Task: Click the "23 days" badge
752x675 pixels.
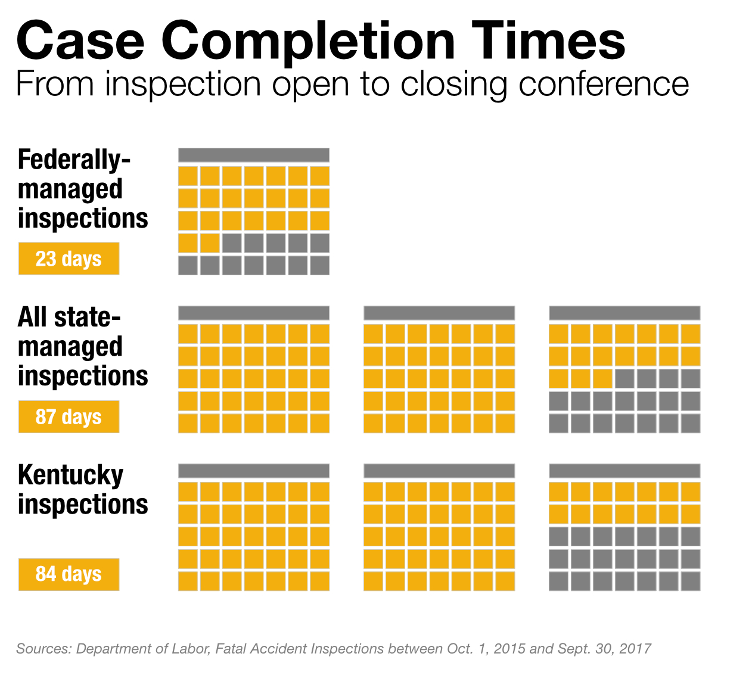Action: pyautogui.click(x=69, y=259)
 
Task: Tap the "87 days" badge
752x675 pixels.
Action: pyautogui.click(x=69, y=416)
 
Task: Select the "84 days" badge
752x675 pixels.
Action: pyautogui.click(x=69, y=574)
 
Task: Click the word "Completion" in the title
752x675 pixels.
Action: pyautogui.click(x=307, y=43)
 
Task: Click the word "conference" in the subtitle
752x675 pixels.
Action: pyautogui.click(x=604, y=85)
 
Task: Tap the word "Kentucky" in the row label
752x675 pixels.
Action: pyautogui.click(x=70, y=476)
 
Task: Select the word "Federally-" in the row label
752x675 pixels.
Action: pyautogui.click(x=74, y=160)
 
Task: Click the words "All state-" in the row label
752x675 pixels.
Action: pyautogui.click(x=69, y=318)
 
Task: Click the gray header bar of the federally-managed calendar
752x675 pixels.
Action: pyautogui.click(x=253, y=155)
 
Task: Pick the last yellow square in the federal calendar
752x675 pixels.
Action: pyautogui.click(x=210, y=242)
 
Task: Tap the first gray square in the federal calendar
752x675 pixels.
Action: pyautogui.click(x=232, y=242)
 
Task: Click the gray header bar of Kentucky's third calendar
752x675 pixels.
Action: pyautogui.click(x=624, y=471)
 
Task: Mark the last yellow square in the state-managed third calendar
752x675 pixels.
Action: pyautogui.click(x=602, y=378)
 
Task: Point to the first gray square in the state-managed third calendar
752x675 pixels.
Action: pyautogui.click(x=624, y=378)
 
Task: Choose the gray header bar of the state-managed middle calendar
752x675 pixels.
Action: pyautogui.click(x=439, y=313)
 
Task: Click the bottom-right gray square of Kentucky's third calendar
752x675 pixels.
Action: pyautogui.click(x=691, y=581)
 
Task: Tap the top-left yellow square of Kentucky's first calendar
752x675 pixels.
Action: pyautogui.click(x=188, y=492)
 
